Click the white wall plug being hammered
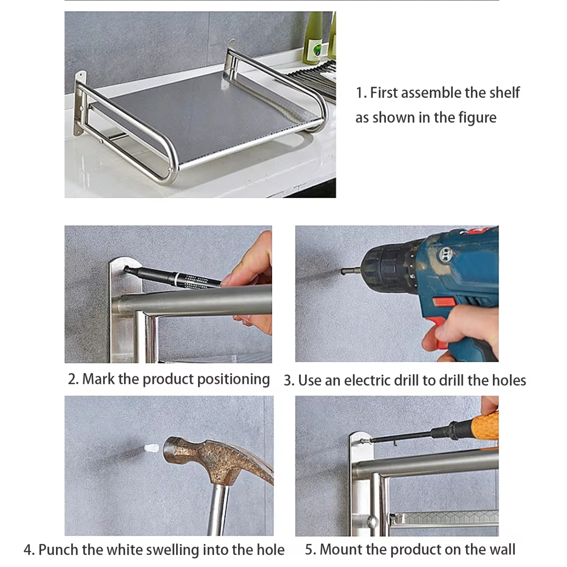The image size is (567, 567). tap(151, 449)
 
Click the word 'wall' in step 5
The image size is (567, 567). tap(502, 549)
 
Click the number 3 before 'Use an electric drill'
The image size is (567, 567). tap(288, 381)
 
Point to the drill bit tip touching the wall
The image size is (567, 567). tap(342, 271)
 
